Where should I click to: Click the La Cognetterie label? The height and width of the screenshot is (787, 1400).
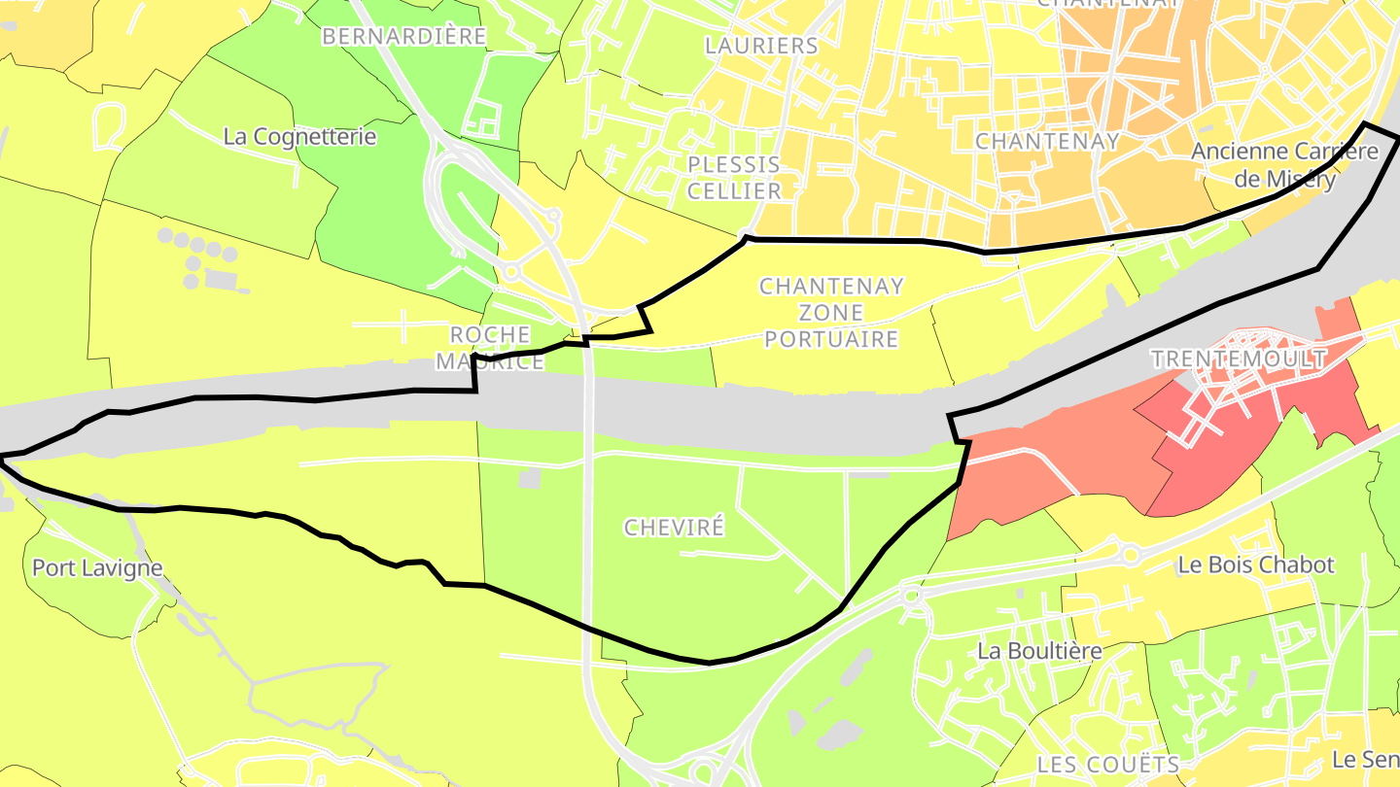pos(299,137)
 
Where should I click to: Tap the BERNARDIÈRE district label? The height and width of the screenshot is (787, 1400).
pos(403,37)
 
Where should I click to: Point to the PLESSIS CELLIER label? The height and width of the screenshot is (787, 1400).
pos(734,177)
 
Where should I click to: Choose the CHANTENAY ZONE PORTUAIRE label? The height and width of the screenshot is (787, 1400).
pos(831,313)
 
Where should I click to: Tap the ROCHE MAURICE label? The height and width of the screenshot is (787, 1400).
pos(490,348)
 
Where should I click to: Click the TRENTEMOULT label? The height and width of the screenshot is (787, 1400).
pos(1239,359)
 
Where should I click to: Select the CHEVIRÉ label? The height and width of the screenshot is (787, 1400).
pos(674,528)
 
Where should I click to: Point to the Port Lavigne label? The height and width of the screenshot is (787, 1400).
pos(97,567)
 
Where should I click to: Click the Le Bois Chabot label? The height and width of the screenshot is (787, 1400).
pos(1256,565)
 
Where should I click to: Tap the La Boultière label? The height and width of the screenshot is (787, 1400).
pos(1039,650)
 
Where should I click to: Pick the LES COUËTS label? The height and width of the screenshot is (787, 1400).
pos(1107,764)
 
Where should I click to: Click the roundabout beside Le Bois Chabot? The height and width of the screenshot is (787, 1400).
pos(1130,556)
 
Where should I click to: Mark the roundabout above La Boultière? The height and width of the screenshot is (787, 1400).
pos(911,595)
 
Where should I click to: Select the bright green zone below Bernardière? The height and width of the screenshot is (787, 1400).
pos(389,223)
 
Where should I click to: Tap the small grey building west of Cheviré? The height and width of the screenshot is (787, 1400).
pos(530,478)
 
